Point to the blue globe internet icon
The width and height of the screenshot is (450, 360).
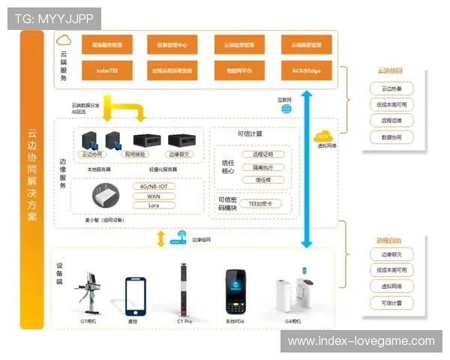pos(286,109)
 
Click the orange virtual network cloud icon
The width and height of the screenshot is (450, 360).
pos(322,137)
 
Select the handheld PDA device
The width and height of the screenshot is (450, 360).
pos(231,290)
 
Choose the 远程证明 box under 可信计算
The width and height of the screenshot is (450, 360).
pos(263,154)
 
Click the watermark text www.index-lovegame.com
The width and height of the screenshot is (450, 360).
pos(361,341)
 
